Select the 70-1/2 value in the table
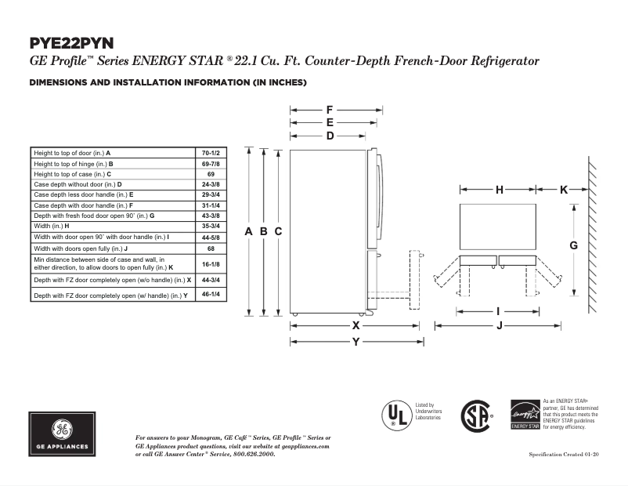(211, 152)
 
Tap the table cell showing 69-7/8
(211, 163)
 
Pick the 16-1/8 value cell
(211, 263)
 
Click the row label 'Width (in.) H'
(56, 226)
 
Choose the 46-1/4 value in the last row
(211, 296)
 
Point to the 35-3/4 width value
(211, 226)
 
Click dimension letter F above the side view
(330, 110)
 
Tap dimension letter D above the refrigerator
(330, 136)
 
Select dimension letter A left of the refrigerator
(249, 231)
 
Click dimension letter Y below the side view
(356, 342)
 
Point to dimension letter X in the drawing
(356, 325)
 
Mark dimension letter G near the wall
(573, 245)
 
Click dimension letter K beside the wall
(564, 190)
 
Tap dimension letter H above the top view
(499, 190)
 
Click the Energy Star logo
(525, 414)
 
